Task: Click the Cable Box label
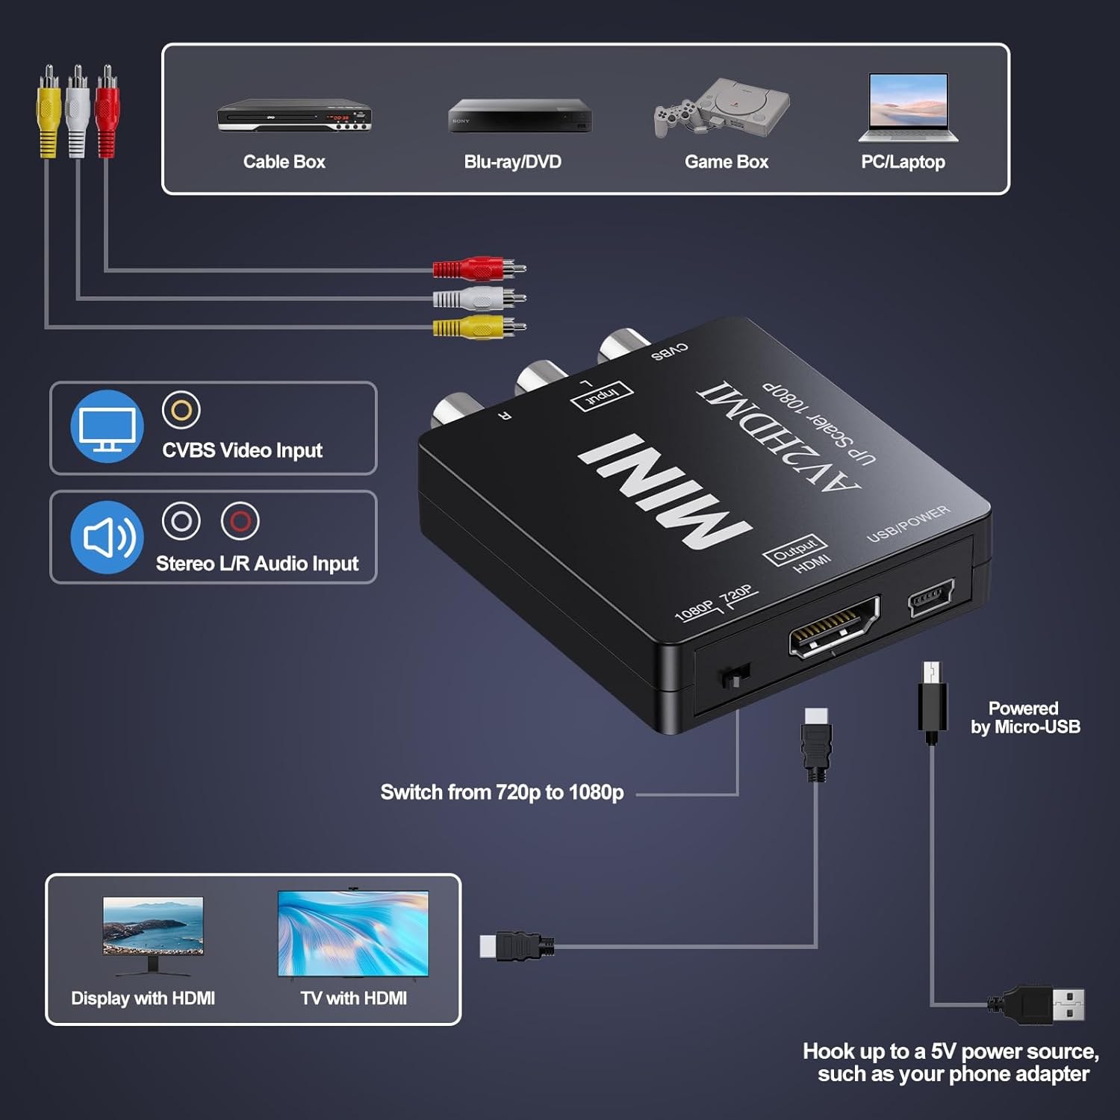(x=284, y=162)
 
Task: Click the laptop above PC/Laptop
(x=908, y=108)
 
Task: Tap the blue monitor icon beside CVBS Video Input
(x=107, y=426)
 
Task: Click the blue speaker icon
(x=107, y=537)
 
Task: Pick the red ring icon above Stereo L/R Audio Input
(x=240, y=520)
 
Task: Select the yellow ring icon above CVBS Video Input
(x=181, y=410)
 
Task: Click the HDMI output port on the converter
(x=834, y=627)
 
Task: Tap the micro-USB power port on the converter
(x=930, y=597)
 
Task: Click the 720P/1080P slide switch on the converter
(x=735, y=676)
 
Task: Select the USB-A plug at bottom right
(x=1045, y=1004)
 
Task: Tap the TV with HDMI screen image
(x=353, y=933)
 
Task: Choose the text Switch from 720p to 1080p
(x=502, y=792)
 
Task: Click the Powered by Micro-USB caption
(x=1024, y=718)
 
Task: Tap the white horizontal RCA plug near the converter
(x=478, y=299)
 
